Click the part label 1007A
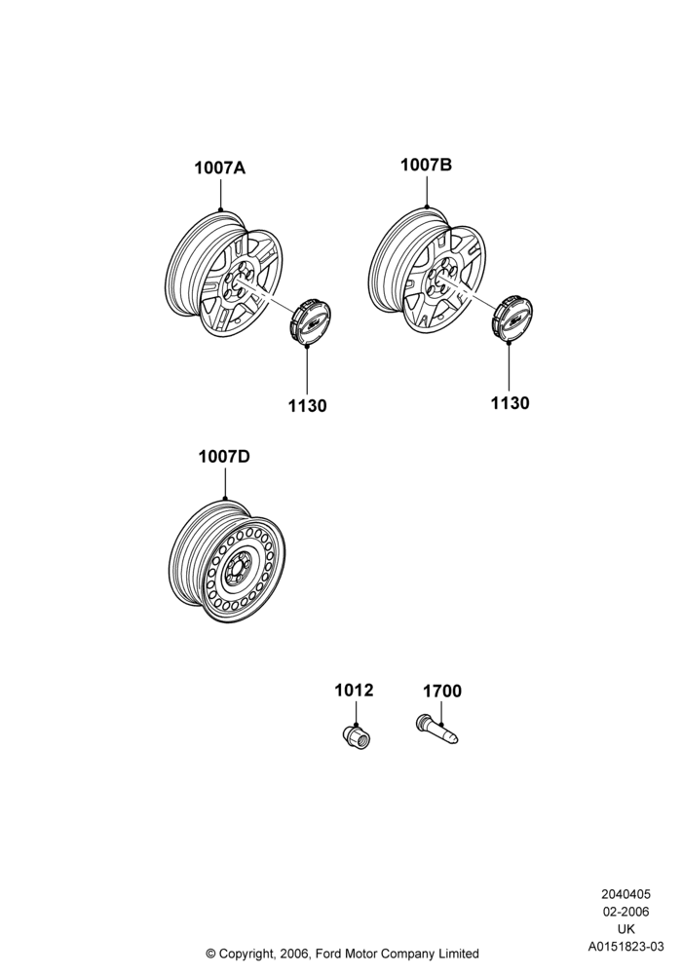[x=220, y=168]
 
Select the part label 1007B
[x=426, y=165]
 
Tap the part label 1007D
[x=224, y=457]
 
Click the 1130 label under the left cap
[x=307, y=406]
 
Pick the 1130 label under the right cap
[x=510, y=403]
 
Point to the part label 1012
[x=354, y=691]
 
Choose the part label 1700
[x=442, y=692]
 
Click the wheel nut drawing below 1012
[x=357, y=736]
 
